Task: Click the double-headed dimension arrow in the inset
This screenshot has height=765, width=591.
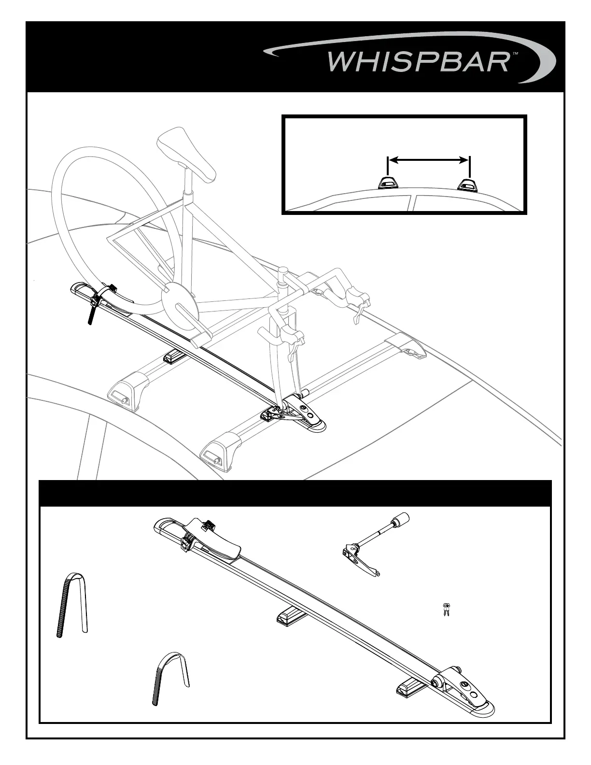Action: tap(428, 160)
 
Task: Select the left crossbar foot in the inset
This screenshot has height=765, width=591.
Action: tap(387, 183)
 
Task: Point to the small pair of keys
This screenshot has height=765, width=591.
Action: tap(446, 609)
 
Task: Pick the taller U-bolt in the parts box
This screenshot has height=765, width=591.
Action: tap(71, 604)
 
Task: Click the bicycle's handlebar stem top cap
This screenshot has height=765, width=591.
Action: tap(284, 270)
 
